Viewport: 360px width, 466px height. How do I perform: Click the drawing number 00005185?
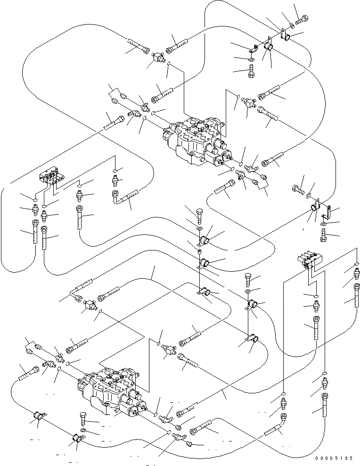tap(335, 458)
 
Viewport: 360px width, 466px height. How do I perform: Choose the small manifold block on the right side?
tap(309, 259)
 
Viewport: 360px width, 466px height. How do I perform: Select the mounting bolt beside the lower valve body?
tap(83, 420)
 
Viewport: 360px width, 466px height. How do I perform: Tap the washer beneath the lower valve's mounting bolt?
tap(83, 431)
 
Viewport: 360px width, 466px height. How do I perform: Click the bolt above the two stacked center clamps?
tap(200, 216)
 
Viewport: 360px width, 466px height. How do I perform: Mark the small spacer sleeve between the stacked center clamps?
tap(200, 252)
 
